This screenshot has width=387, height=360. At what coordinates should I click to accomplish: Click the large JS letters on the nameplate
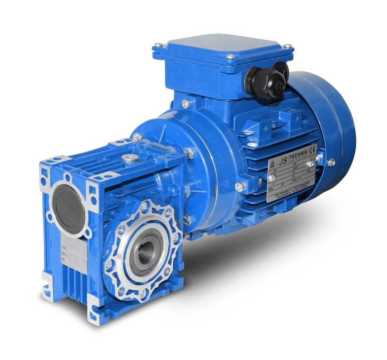tap(283, 158)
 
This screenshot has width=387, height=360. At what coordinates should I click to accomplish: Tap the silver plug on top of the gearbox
tap(130, 158)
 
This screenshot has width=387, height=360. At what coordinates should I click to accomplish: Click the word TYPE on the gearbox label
tap(65, 247)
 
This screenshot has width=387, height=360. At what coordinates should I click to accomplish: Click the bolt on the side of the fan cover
tap(331, 162)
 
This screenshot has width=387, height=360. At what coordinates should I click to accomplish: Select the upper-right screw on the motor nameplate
tap(311, 164)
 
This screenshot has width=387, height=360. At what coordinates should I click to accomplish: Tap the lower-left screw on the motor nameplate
tap(272, 178)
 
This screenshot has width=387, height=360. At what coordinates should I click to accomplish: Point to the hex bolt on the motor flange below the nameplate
tap(240, 187)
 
